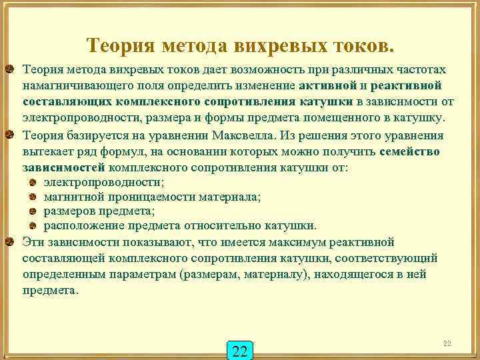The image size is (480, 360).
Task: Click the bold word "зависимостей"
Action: (x=63, y=167)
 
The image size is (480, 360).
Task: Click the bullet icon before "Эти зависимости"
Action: (x=10, y=241)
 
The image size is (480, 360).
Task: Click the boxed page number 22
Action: (x=241, y=351)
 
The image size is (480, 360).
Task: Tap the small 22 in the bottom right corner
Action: (x=447, y=343)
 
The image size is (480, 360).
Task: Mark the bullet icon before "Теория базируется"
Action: (x=10, y=135)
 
